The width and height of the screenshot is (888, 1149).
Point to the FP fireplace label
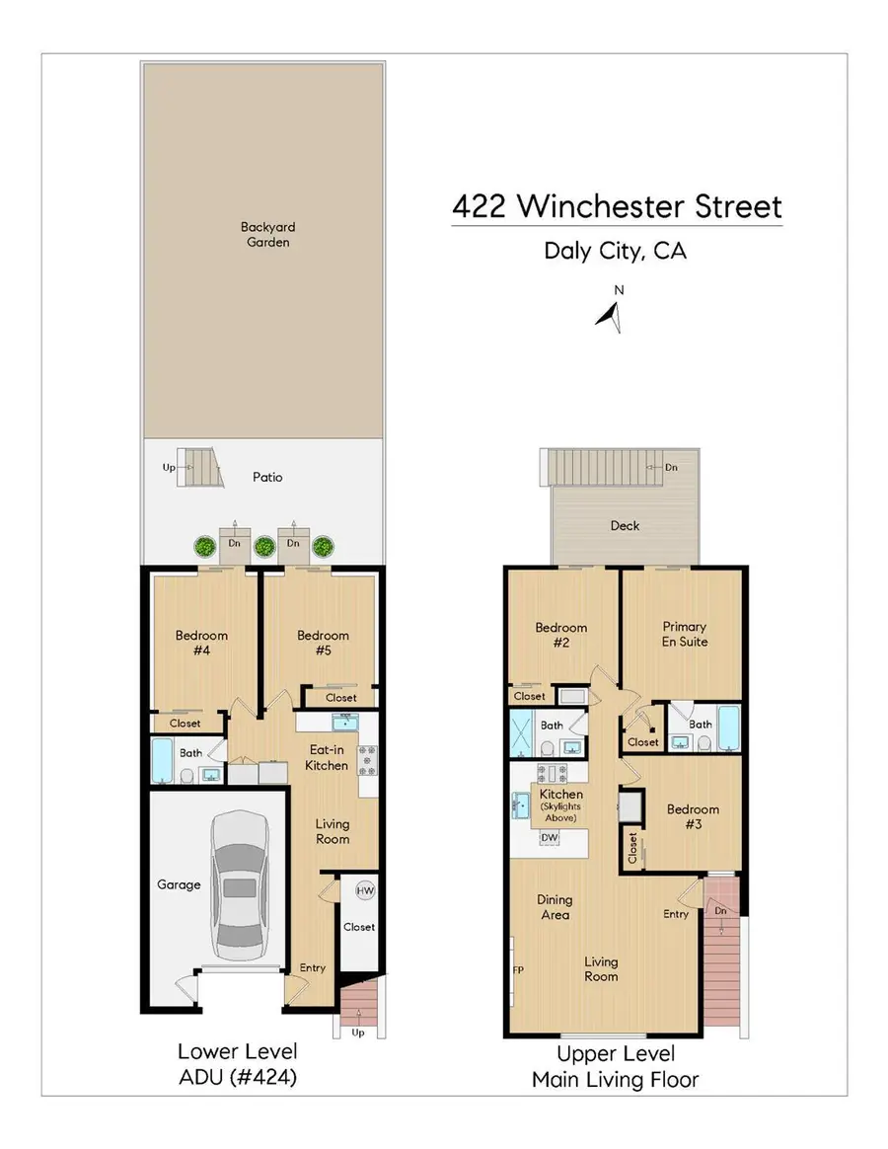pos(518,969)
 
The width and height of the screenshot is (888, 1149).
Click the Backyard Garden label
pos(266,234)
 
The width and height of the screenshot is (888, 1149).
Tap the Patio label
pos(266,477)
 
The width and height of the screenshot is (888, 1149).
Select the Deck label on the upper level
pos(625,525)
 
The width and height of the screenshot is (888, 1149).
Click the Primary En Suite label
pos(685,634)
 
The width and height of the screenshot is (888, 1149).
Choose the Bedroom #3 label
pos(693,816)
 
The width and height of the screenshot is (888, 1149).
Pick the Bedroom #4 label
pos(201,643)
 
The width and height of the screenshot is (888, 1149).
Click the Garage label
pos(179,884)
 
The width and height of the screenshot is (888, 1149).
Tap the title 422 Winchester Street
pos(617,207)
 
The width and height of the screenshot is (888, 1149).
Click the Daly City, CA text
pos(615,250)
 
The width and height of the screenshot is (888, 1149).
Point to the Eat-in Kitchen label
pos(326,757)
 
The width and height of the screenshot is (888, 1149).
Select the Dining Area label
pos(555,907)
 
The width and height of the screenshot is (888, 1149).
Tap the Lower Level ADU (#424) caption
pos(237,1064)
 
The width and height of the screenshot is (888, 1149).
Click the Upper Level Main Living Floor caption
pos(615,1067)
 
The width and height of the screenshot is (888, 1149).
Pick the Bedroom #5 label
pos(323,643)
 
